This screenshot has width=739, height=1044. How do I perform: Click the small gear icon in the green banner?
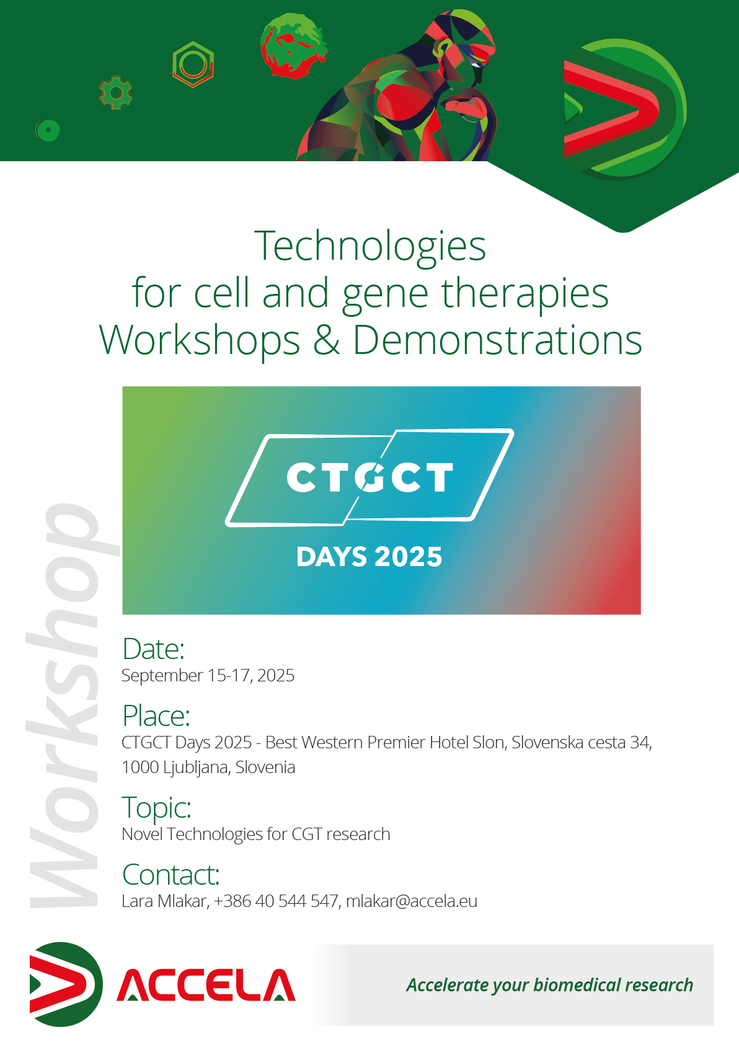[115, 93]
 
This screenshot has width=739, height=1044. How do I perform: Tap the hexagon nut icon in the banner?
[193, 64]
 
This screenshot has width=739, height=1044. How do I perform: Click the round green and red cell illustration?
[293, 45]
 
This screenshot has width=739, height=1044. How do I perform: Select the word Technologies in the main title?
[370, 247]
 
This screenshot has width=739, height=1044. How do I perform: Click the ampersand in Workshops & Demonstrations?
[326, 340]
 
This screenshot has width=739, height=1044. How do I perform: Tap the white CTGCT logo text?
[369, 477]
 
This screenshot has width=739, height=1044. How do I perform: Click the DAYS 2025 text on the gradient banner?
[369, 557]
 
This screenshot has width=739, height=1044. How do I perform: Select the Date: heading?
[153, 648]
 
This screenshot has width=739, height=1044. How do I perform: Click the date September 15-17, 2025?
[208, 675]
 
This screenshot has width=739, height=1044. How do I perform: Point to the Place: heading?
[156, 715]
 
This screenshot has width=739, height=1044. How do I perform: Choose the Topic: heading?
[157, 807]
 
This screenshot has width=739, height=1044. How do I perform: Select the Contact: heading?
[170, 874]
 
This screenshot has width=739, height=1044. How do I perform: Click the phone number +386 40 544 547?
[276, 901]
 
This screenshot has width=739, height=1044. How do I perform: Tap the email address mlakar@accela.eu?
[412, 901]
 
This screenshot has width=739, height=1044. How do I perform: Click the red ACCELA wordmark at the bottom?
[206, 985]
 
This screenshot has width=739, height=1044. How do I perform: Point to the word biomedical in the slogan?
[577, 985]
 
